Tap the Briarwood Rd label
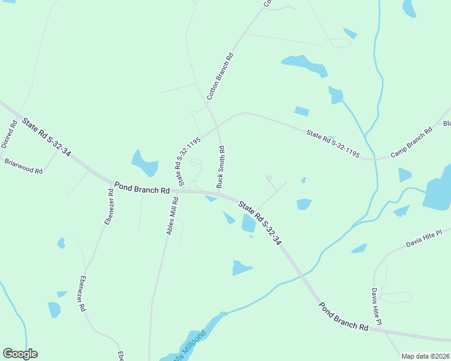pyautogui.click(x=24, y=166)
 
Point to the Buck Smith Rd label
pyautogui.click(x=221, y=166)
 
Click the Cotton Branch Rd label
pyautogui.click(x=220, y=76)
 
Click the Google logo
pyautogui.click(x=20, y=354)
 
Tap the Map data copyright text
pyautogui.click(x=425, y=356)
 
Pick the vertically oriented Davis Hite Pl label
pyautogui.click(x=376, y=306)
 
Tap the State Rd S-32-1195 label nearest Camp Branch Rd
pyautogui.click(x=333, y=145)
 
